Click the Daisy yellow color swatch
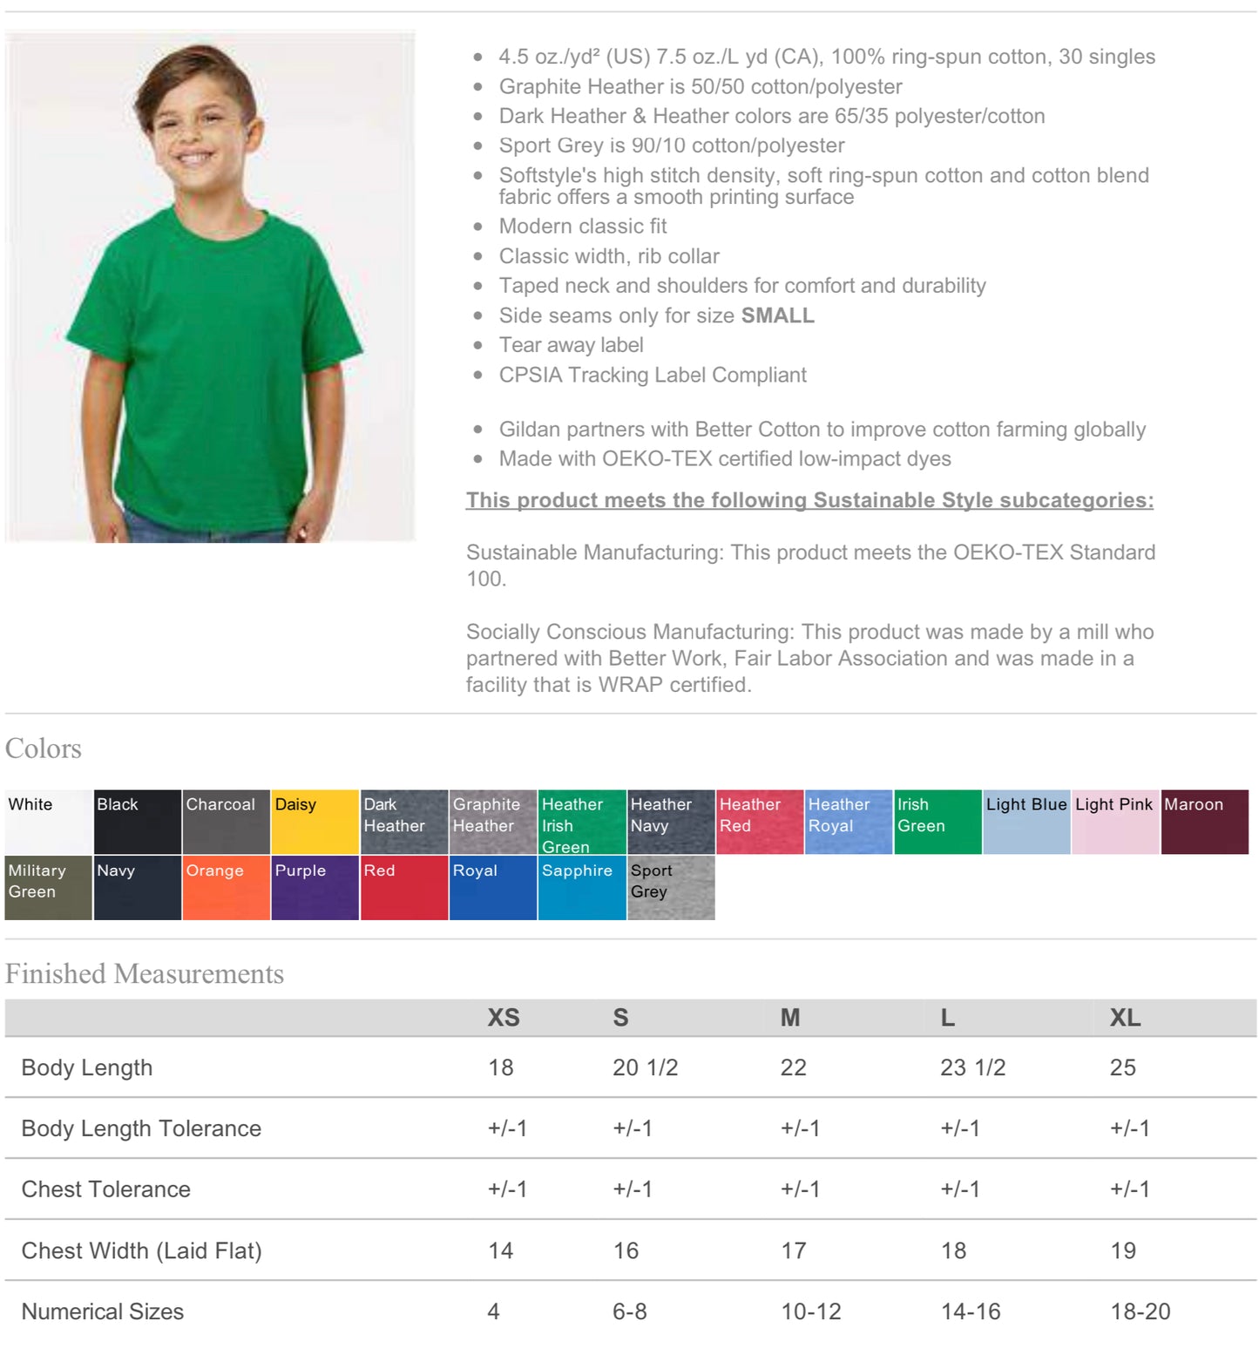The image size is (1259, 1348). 315,822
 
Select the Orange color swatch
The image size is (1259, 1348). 226,887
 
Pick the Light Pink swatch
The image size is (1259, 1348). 1114,822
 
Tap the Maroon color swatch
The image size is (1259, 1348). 1204,822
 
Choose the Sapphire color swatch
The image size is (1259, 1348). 581,887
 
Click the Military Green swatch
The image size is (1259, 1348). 48,887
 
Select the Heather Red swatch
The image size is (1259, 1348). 759,822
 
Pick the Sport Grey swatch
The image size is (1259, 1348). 671,887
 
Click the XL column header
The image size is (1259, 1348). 1125,1017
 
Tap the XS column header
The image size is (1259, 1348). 504,1017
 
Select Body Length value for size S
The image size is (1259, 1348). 645,1067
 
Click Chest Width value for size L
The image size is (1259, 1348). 953,1250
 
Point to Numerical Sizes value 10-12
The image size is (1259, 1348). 810,1311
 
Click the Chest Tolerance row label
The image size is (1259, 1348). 105,1189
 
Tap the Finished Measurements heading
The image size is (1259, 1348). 145,973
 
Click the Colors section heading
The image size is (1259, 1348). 44,749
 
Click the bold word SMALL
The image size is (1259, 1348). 777,315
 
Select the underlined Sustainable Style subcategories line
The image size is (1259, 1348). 809,500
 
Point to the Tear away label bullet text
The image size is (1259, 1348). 571,345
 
